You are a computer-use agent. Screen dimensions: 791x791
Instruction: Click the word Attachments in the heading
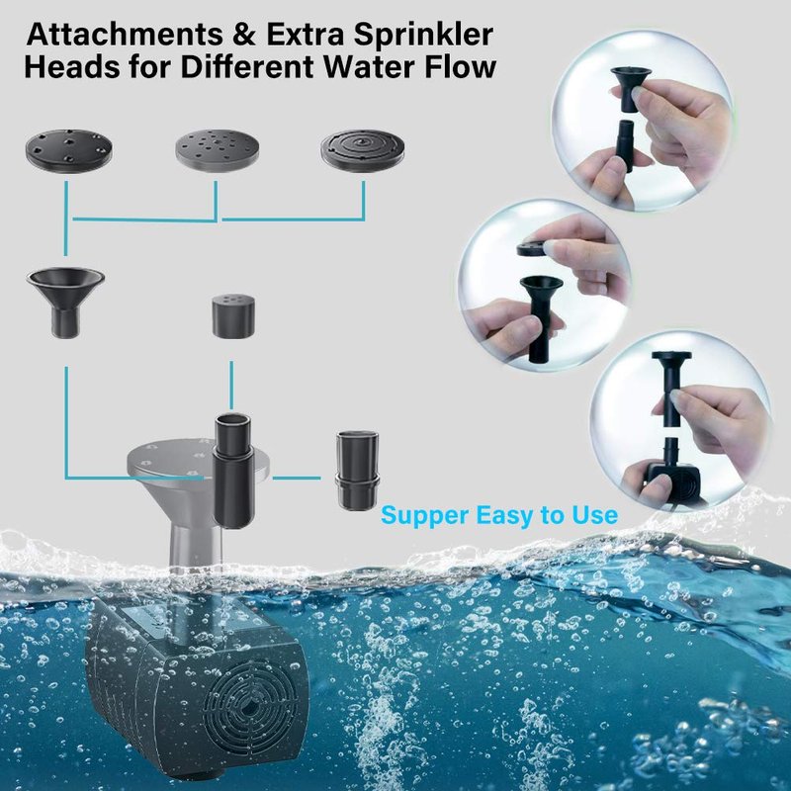(125, 35)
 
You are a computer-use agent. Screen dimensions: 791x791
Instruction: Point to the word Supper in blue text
(425, 515)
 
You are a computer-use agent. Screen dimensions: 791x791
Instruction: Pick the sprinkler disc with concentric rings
(363, 150)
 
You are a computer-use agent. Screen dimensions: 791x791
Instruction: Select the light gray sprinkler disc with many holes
(219, 150)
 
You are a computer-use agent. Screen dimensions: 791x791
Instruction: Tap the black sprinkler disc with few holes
(68, 150)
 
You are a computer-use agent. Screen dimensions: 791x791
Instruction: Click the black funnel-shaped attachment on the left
(65, 301)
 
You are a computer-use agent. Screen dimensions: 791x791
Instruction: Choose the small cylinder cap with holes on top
(233, 317)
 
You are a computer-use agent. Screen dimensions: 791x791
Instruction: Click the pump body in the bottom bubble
(673, 482)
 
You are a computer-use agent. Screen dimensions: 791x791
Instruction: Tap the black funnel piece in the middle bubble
(540, 318)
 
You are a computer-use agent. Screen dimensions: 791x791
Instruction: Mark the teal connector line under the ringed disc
(363, 201)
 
